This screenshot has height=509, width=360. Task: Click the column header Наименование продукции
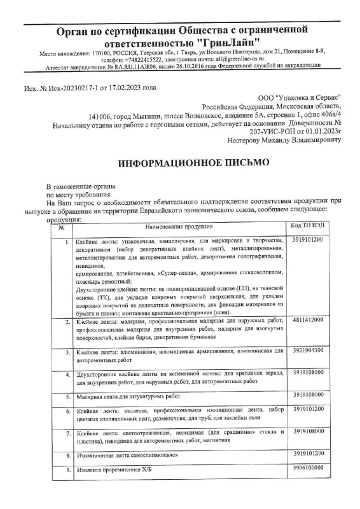click(x=179, y=226)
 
